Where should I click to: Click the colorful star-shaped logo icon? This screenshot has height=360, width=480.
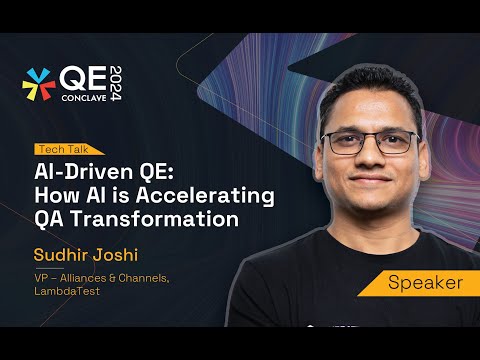[x=39, y=84]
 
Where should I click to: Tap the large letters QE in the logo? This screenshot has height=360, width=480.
[x=83, y=78]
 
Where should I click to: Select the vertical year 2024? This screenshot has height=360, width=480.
[x=116, y=83]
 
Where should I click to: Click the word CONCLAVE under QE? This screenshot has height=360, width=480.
[x=84, y=98]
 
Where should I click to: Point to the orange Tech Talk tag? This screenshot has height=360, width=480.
[x=68, y=149]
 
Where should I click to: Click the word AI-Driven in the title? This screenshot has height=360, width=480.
[x=84, y=172]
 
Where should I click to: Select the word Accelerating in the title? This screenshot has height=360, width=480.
[x=205, y=196]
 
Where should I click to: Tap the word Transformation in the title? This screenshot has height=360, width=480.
[x=155, y=219]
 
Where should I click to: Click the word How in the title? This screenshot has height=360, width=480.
[x=57, y=195]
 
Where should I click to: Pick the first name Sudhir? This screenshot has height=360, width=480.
[x=60, y=255]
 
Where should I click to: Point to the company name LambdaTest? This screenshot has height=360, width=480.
[x=67, y=291]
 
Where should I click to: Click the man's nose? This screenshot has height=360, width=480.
[x=370, y=157]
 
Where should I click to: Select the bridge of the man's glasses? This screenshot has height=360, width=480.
[x=371, y=137]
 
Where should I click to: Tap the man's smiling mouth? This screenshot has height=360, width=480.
[x=371, y=178]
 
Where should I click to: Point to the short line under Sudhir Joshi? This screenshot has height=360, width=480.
[x=49, y=268]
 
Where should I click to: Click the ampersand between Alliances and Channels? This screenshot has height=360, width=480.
[x=112, y=278]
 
